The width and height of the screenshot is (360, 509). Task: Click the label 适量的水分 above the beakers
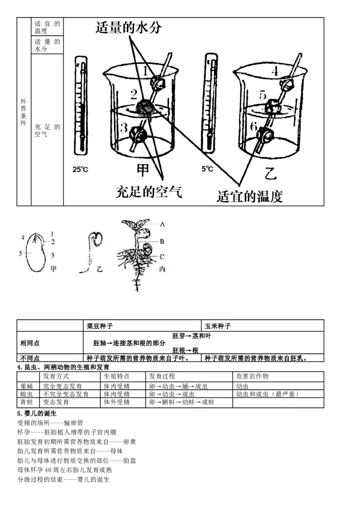(128, 28)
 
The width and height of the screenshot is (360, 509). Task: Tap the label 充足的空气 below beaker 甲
(148, 192)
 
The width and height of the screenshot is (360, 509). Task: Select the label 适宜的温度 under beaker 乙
(250, 196)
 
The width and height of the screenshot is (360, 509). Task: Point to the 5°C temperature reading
(207, 169)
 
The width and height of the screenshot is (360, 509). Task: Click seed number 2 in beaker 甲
(145, 107)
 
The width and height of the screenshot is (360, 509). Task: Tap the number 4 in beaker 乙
(274, 71)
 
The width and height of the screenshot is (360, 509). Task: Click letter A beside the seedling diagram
(162, 223)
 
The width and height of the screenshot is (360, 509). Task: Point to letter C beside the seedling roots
(162, 256)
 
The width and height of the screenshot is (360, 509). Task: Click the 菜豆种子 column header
(100, 326)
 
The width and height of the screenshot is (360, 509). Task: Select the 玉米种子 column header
(218, 326)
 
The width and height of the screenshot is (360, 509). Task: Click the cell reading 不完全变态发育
(66, 394)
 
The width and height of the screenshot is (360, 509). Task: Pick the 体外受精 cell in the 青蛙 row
(117, 402)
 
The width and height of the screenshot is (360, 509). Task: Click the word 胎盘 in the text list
(130, 460)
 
